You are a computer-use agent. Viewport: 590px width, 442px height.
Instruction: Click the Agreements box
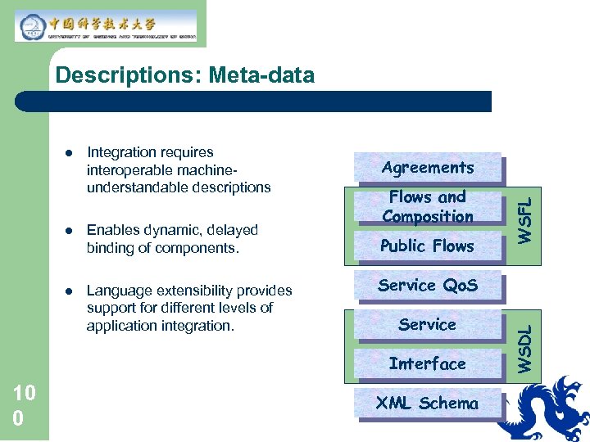coord(427,167)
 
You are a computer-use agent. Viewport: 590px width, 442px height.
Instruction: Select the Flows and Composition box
coord(427,206)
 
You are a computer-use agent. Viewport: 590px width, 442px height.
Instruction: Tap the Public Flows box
coord(427,246)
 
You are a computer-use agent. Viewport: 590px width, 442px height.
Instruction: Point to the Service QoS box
coord(427,285)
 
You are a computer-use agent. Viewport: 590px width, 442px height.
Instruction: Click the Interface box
coord(427,363)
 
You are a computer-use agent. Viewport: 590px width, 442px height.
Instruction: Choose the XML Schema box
coord(427,403)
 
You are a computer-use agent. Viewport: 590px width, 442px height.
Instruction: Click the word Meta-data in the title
coord(261,76)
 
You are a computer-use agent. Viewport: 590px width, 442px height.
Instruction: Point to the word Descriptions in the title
coord(129,76)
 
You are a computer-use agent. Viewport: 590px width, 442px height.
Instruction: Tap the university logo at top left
coord(106,25)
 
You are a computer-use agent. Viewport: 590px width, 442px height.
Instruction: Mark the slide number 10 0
coord(24,406)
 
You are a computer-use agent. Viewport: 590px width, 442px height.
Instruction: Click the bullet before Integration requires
coord(70,153)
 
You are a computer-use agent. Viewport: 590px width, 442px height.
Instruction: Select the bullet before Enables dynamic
coord(70,231)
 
